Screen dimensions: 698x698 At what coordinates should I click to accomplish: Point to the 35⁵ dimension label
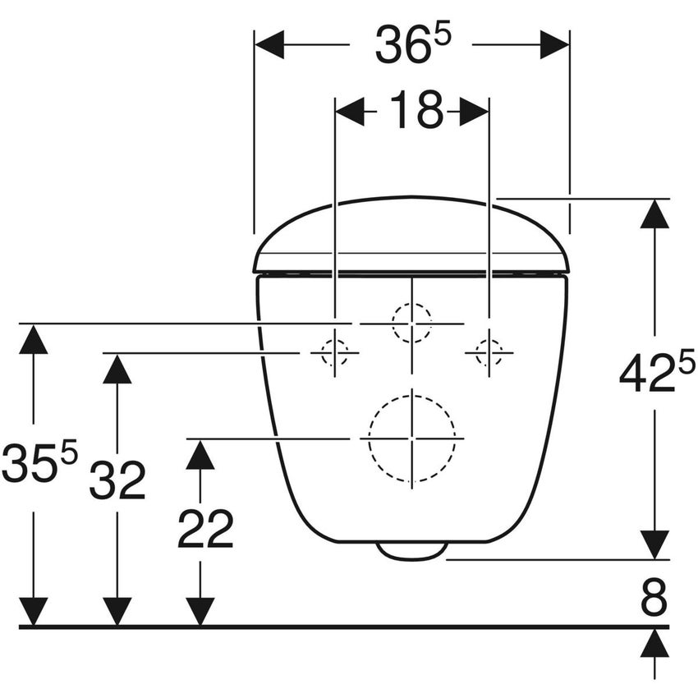[39, 463]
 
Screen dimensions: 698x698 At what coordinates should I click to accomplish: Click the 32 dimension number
[117, 480]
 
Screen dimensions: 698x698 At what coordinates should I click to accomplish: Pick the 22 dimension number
[205, 530]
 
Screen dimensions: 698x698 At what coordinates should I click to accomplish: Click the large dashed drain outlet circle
[411, 439]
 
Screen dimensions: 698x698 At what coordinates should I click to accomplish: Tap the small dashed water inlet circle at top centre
[411, 323]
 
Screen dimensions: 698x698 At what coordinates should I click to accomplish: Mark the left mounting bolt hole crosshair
[335, 353]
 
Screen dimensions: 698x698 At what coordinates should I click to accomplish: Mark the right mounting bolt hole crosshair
[489, 353]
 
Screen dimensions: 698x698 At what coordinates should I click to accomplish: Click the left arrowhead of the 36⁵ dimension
[269, 45]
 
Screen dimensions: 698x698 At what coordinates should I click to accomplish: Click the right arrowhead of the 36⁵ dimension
[554, 45]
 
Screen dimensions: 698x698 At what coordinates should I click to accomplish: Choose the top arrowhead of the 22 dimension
[200, 453]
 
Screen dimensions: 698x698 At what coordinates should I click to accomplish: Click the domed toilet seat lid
[411, 234]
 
